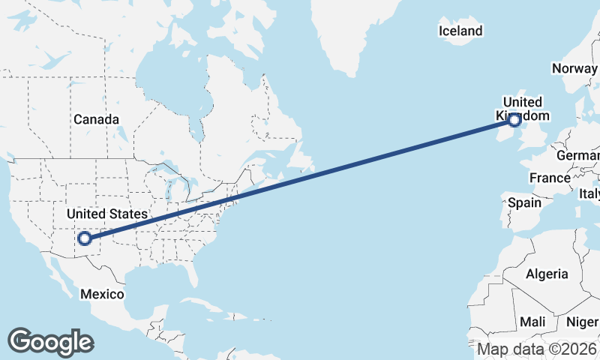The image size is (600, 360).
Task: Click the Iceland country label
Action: [x=460, y=31]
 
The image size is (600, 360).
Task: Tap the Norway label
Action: [x=574, y=68]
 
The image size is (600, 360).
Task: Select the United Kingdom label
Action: [x=523, y=109]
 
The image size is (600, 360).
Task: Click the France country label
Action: [x=550, y=178]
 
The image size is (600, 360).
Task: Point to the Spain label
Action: [x=524, y=202]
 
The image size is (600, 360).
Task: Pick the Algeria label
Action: [x=547, y=274]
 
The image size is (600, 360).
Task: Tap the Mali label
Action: [x=533, y=321]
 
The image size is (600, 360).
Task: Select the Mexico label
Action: [x=103, y=294]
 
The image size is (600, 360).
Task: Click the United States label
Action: [x=107, y=214]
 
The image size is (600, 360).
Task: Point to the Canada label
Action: [x=96, y=119]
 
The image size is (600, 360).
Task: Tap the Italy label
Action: [x=589, y=194]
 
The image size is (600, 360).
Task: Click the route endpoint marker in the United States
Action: [x=85, y=238]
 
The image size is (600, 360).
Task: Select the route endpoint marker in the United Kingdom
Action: [x=514, y=118]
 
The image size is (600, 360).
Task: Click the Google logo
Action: [x=50, y=342]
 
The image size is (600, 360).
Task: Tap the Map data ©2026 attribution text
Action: [x=537, y=349]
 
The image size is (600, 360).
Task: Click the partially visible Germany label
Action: [x=578, y=156]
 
